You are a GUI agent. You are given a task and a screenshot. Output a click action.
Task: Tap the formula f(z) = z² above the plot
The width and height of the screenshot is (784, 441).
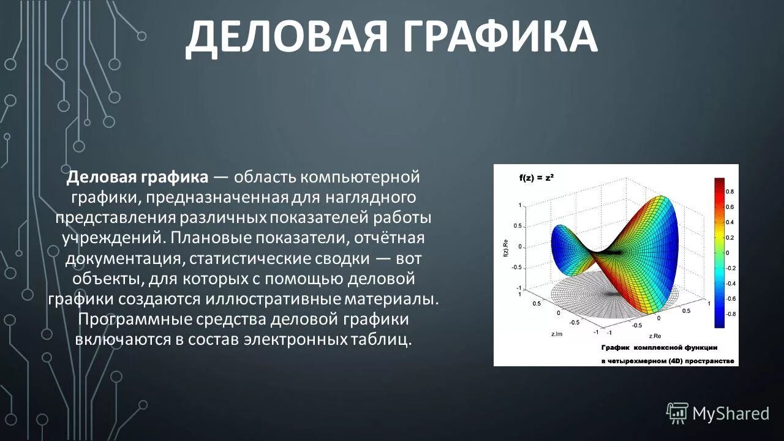pos(537,178)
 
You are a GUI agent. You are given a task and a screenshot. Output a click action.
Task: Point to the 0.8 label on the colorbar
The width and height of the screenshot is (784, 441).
pos(729,192)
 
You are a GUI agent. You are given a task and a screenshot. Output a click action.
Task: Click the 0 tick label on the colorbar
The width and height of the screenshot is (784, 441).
pos(727,252)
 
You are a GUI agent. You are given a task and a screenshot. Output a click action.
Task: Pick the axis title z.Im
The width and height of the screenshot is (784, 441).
pos(557,334)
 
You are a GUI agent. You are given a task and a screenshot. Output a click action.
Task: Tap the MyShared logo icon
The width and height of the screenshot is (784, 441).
pos(677,413)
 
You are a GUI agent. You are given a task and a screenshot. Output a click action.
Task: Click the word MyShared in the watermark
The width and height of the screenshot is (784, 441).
pos(731,413)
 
